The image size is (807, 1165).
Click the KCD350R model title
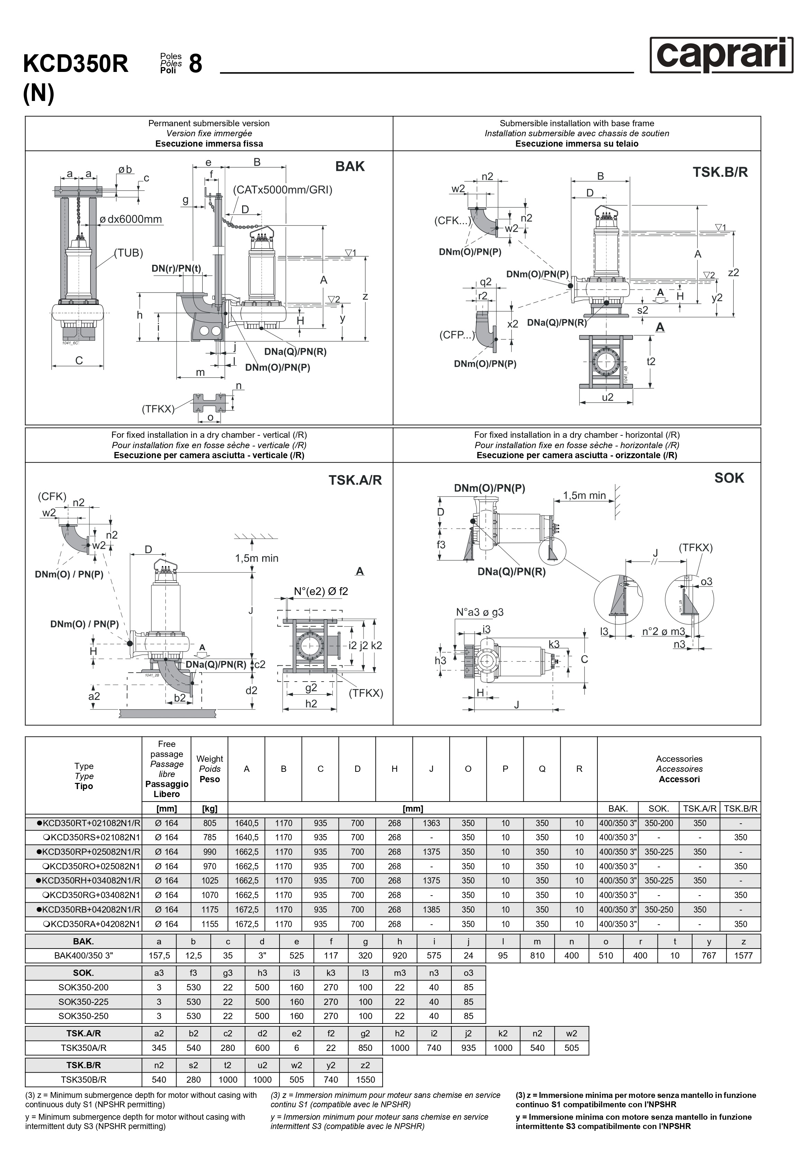click(x=76, y=64)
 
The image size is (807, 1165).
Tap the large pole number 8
click(x=196, y=64)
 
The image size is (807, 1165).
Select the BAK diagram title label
click(x=350, y=166)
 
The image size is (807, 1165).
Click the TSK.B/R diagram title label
click(x=720, y=172)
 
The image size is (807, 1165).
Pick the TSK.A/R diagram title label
click(x=355, y=480)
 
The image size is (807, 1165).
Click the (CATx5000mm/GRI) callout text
click(x=282, y=190)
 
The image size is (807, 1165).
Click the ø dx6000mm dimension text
click(x=130, y=219)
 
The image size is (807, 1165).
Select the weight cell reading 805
click(x=210, y=823)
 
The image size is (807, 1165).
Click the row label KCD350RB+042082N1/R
click(x=89, y=909)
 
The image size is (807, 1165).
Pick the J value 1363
click(x=431, y=823)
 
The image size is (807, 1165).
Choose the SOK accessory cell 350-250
click(x=659, y=909)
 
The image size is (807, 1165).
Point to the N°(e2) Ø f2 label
click(x=321, y=591)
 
